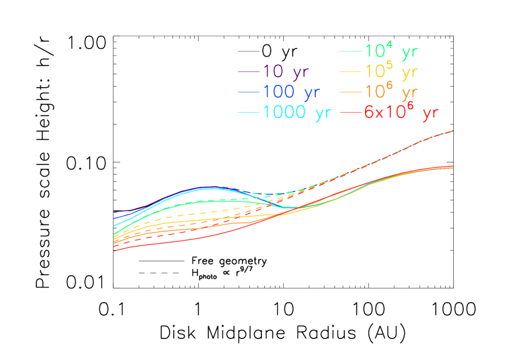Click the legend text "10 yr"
(x=285, y=72)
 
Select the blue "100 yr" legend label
(x=291, y=92)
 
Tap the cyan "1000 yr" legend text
(x=297, y=112)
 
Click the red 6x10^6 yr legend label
(x=401, y=112)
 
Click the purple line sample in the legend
(x=249, y=72)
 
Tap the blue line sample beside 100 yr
(x=249, y=92)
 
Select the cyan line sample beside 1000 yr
(x=249, y=112)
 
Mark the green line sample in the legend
(x=351, y=51)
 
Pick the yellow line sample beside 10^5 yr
(x=351, y=72)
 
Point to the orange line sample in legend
(x=351, y=92)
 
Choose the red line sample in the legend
(x=351, y=112)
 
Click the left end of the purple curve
(x=113, y=212)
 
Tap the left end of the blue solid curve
(x=113, y=219)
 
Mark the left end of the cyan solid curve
(x=113, y=226)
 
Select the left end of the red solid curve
(x=113, y=251)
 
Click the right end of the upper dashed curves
(x=453, y=131)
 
